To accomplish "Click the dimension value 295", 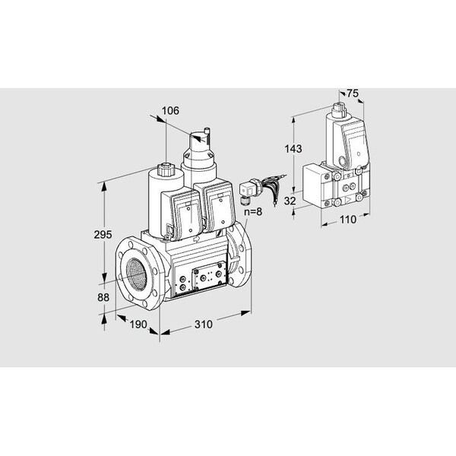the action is (103, 234).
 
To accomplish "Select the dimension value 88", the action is (103, 297).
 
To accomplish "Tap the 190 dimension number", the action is (138, 325).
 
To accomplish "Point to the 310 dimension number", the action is (203, 325).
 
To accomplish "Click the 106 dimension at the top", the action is (170, 111).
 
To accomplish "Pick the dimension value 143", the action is (293, 149).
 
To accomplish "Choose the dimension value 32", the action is (290, 201).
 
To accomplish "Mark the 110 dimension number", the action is (348, 220).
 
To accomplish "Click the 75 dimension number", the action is (353, 93).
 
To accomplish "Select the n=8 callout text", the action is (253, 212).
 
